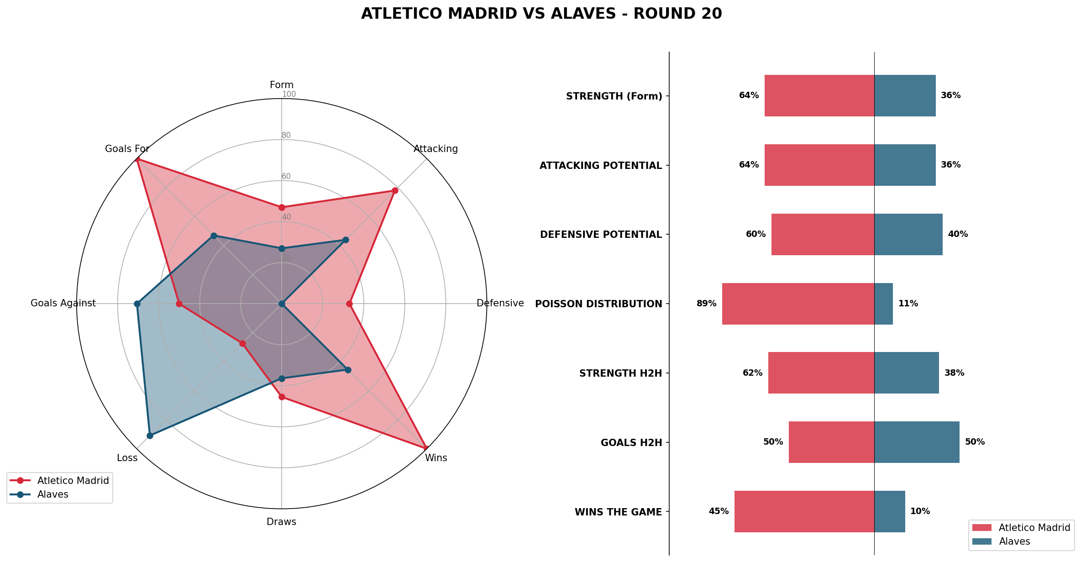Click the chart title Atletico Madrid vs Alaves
[x=541, y=14]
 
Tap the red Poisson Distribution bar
[x=798, y=304]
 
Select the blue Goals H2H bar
[x=917, y=442]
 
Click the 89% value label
[x=706, y=304]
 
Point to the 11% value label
[x=908, y=304]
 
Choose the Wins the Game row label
[x=618, y=512]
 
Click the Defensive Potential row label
[x=601, y=235]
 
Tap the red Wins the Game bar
[x=804, y=511]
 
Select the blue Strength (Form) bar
[x=905, y=95]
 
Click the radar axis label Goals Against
[x=63, y=303]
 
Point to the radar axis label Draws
[x=281, y=522]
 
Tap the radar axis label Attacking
[x=435, y=149]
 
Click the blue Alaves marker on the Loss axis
[x=150, y=436]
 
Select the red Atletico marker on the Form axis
[x=282, y=208]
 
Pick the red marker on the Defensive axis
[x=349, y=304]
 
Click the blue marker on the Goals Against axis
[x=137, y=304]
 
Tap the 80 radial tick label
[x=286, y=135]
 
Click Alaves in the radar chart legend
[x=52, y=494]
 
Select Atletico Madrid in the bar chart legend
[x=1034, y=528]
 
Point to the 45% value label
[x=719, y=511]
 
